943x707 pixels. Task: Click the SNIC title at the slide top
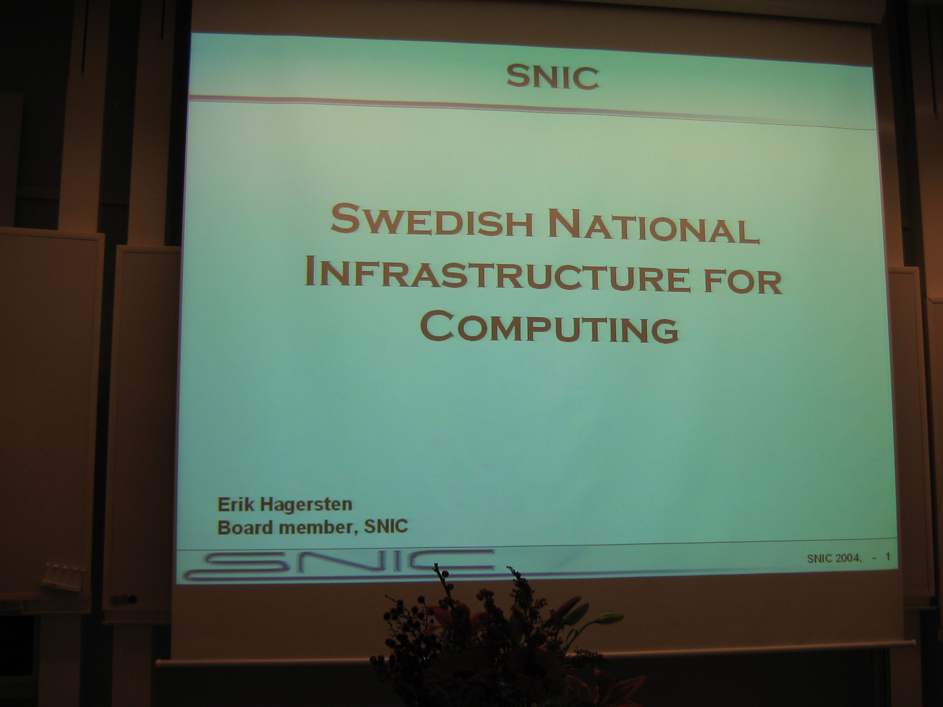(552, 77)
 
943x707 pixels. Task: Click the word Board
(245, 527)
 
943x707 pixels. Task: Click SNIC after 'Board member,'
(386, 526)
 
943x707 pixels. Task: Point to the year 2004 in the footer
(847, 558)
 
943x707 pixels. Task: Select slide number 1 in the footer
(889, 556)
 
